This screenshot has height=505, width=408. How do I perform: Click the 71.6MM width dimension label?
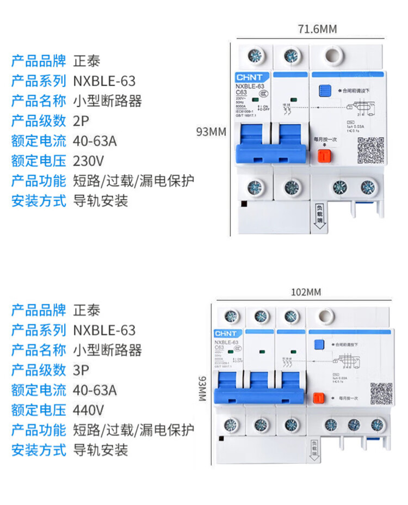(317, 29)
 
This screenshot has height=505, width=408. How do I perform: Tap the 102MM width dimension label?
(306, 292)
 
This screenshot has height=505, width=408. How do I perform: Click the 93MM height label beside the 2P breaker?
(211, 131)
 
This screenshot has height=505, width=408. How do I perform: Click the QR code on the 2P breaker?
(368, 149)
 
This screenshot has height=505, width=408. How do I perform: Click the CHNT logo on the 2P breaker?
(249, 78)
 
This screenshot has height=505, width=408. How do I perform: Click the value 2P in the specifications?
(80, 120)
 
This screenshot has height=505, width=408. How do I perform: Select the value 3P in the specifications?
(80, 370)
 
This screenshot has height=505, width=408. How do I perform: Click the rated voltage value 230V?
(88, 161)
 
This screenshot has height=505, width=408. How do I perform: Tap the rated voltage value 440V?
(88, 410)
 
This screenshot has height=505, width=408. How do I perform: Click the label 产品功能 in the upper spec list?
(39, 181)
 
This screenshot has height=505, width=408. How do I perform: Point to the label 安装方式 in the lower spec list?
(39, 450)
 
